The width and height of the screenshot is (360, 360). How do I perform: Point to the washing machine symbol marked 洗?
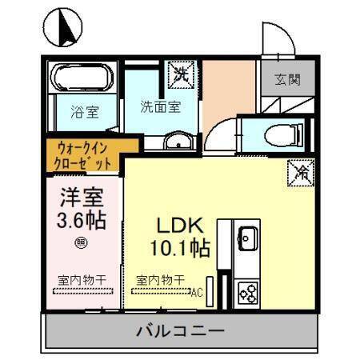point(181,75)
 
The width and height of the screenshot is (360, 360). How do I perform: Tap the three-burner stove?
point(248,293)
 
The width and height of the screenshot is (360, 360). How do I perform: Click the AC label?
point(195,292)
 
